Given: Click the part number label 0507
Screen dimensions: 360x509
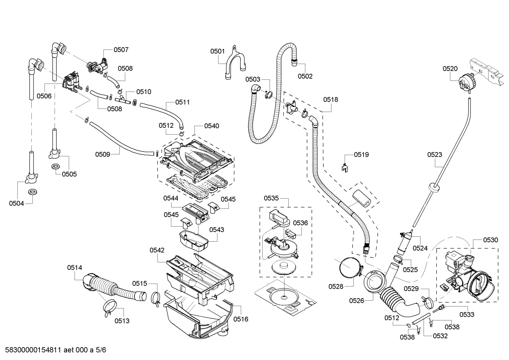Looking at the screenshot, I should [121, 50].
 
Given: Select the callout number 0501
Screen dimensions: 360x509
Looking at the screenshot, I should [217, 51].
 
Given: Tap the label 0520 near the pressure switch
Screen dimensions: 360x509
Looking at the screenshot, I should [450, 69].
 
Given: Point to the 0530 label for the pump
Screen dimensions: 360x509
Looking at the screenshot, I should [491, 240].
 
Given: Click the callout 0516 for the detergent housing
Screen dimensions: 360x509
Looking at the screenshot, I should [241, 319].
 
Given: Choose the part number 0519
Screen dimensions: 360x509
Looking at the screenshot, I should [361, 154].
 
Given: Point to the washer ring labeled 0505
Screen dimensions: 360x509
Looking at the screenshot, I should [55, 166].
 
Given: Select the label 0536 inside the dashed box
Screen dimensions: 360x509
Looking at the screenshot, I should [300, 223].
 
